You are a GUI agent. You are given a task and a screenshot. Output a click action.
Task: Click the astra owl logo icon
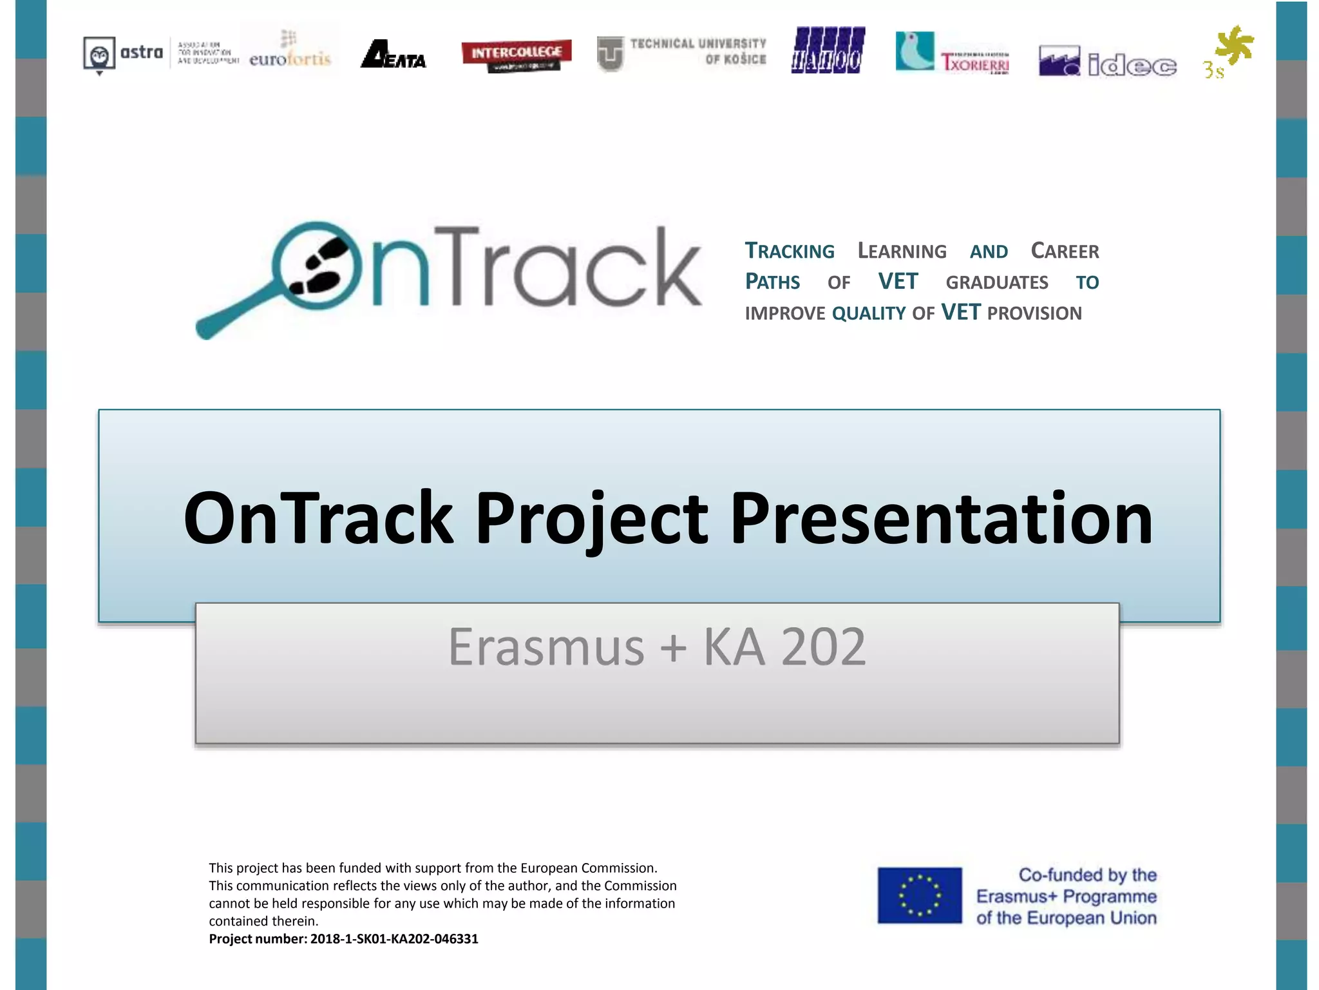point(99,54)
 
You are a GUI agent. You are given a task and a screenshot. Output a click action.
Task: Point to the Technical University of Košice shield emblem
point(610,54)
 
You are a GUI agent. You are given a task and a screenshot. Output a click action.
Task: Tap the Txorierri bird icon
point(915,50)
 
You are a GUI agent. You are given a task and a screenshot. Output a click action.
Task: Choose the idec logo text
point(1132,65)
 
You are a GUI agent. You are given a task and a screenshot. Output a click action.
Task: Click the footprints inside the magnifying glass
point(318,266)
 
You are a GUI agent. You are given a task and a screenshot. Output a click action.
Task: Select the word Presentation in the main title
point(940,518)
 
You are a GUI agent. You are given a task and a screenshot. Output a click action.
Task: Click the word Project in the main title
point(591,518)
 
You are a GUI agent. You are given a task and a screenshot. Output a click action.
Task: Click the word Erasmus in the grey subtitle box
point(546,646)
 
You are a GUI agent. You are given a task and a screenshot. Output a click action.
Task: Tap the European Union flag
point(919,895)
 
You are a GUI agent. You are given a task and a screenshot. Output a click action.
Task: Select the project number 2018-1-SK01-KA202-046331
point(394,939)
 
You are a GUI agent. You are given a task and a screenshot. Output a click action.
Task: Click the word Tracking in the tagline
point(790,251)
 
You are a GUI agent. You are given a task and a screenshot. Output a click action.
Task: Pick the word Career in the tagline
point(1065,251)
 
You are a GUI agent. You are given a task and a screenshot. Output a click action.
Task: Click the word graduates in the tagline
point(996,282)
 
